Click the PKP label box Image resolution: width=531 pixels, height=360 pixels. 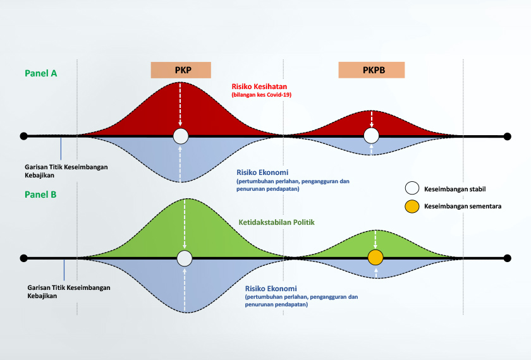[x=180, y=70]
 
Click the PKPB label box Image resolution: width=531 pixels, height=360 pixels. [x=371, y=70]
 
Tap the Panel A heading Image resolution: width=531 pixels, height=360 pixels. [x=41, y=73]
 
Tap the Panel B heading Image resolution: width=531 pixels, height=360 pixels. [x=41, y=195]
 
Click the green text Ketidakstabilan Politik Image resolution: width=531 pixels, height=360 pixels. [x=277, y=222]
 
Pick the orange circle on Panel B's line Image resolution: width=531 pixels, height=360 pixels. [x=375, y=258]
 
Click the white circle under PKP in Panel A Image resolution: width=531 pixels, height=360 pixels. [x=181, y=136]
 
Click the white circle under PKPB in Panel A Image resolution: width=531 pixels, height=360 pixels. [x=372, y=136]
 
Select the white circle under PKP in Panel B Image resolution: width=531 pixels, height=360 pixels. [x=185, y=258]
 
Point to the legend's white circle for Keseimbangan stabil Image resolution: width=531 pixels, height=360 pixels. [x=412, y=188]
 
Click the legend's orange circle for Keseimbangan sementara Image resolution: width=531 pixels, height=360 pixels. [x=412, y=206]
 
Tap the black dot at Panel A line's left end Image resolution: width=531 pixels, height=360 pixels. [x=23, y=136]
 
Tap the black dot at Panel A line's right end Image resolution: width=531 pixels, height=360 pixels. [x=507, y=136]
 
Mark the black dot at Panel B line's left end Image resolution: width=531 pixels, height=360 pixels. [x=23, y=258]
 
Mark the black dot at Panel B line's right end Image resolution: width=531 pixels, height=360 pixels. [x=507, y=258]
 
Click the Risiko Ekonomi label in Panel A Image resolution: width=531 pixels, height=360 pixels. [x=262, y=172]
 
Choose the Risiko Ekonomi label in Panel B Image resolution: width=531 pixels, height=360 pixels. [x=271, y=289]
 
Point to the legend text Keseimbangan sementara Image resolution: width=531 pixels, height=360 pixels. [x=463, y=206]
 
